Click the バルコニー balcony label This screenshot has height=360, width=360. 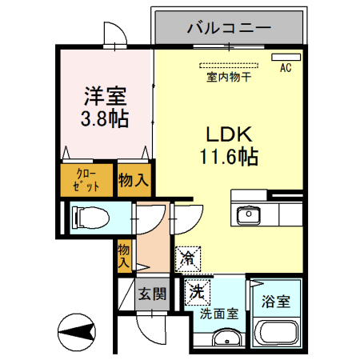pyautogui.click(x=230, y=29)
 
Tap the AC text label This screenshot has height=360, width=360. pyautogui.click(x=286, y=69)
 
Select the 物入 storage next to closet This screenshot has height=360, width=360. pyautogui.click(x=134, y=180)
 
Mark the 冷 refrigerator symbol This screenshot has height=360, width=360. pyautogui.click(x=188, y=258)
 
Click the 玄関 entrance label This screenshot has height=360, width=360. pyautogui.click(x=151, y=293)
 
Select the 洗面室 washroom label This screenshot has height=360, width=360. pyautogui.click(x=218, y=314)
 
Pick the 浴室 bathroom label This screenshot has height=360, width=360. pyautogui.click(x=276, y=303)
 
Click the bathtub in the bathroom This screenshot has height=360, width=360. pyautogui.click(x=276, y=334)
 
